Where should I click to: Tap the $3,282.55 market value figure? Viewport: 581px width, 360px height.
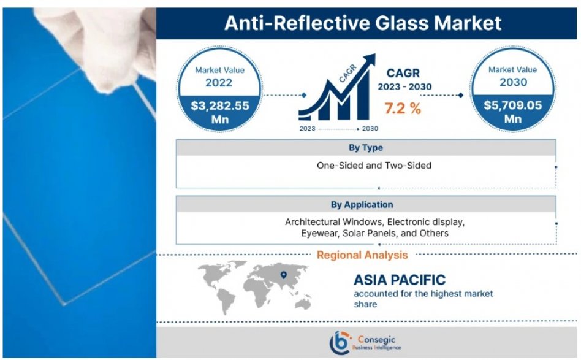pos(220,106)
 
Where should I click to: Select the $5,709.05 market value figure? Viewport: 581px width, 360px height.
pos(513,105)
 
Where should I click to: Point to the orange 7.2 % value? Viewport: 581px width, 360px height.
pos(403,109)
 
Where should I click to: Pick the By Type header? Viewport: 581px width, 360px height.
pos(366,148)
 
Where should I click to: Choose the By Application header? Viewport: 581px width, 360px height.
pos(362,204)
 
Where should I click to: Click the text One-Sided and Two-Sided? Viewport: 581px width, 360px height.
pos(374,166)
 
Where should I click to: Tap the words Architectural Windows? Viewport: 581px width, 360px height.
pos(333,222)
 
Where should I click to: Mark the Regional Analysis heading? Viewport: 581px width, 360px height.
pos(362,255)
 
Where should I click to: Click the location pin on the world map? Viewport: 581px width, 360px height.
pos(284,275)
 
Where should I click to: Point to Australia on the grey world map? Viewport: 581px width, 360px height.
pos(303,303)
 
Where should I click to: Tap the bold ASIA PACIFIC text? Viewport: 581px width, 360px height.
pos(400,280)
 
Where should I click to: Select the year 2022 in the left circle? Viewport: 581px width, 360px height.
pos(219,82)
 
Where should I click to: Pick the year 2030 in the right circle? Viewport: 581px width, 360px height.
pos(513,82)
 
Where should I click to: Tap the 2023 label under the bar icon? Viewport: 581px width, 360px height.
pos(307,129)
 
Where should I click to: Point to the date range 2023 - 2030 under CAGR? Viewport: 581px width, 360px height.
pos(404,86)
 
